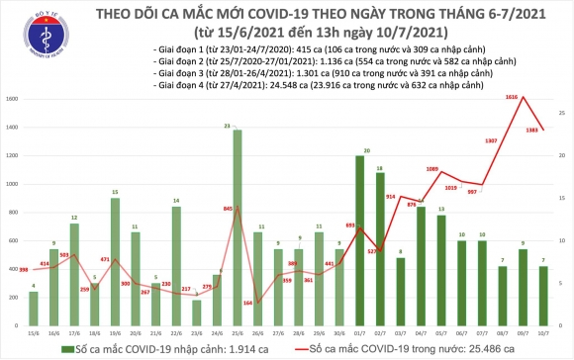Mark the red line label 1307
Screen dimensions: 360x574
tap(492, 139)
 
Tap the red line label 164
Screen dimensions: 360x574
tap(247, 302)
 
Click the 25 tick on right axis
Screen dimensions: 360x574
tap(560, 114)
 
